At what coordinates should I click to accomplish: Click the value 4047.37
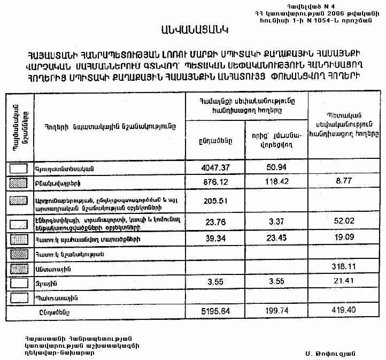215,168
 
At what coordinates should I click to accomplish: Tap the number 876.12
215,182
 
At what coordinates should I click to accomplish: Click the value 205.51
215,201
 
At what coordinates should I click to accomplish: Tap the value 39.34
215,238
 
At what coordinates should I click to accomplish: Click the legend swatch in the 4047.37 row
19,168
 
